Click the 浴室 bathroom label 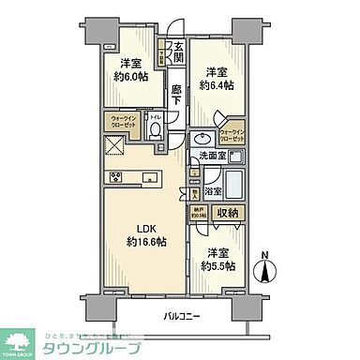pyautogui.click(x=214, y=191)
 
